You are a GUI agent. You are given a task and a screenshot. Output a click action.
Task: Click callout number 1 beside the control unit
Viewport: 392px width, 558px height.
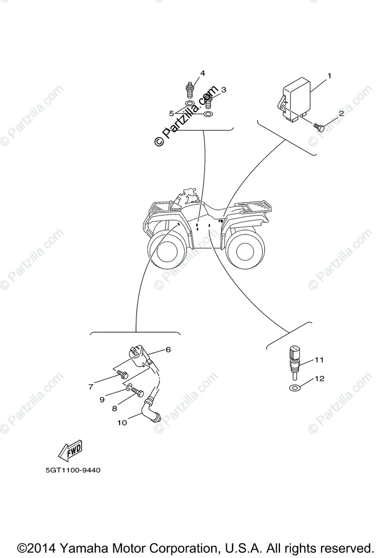point(329,75)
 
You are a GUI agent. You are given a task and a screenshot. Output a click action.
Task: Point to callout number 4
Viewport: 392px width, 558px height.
point(202,73)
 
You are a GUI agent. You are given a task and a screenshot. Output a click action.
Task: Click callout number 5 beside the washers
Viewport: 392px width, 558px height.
point(171,113)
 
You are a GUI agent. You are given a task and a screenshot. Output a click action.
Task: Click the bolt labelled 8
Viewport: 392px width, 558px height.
point(138,393)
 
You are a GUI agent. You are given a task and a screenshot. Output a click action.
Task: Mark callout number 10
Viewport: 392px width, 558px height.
point(122,423)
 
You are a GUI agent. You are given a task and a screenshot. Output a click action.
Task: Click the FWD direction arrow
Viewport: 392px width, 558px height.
point(70,451)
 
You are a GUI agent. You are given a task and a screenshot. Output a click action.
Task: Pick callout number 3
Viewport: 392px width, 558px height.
point(223,90)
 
